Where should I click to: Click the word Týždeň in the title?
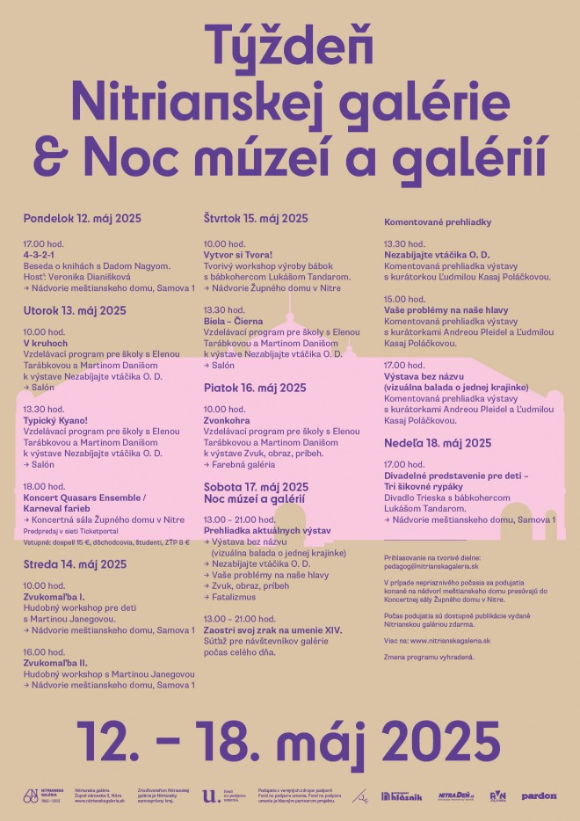pos(289,44)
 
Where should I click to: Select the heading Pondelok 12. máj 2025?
pos(83,218)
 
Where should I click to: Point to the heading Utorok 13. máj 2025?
pos(75,310)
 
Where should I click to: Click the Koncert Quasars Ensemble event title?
pos(85,497)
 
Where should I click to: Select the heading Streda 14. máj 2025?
pos(75,564)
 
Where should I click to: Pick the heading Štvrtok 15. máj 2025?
pos(256,218)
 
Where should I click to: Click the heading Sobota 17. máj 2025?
pos(256,486)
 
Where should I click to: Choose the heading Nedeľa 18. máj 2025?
pos(437,443)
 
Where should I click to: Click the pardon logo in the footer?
pos(540,796)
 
